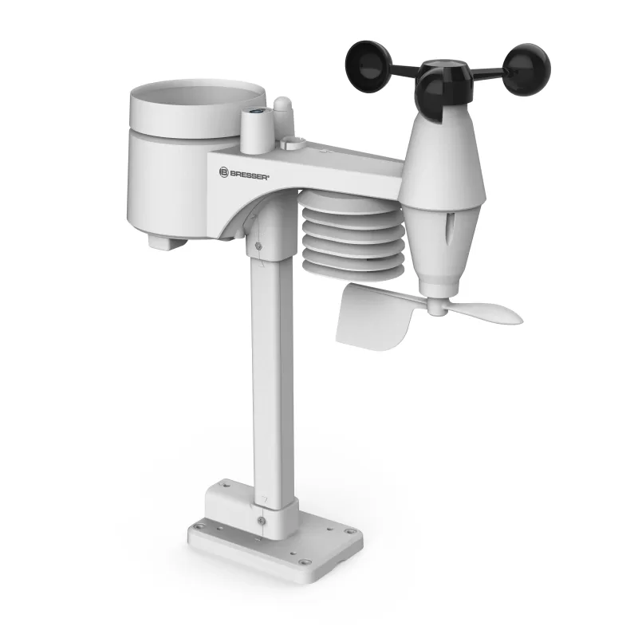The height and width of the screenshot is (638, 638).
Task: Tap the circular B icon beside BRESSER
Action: click(x=224, y=171)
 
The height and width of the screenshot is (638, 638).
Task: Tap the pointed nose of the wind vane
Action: click(x=514, y=317)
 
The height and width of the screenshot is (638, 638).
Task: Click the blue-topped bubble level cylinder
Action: click(x=254, y=128)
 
